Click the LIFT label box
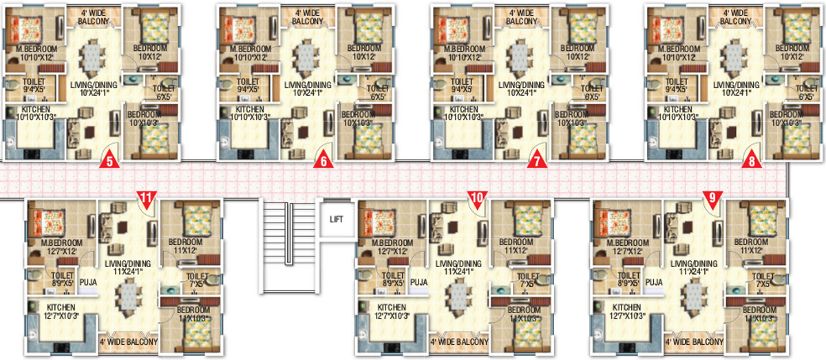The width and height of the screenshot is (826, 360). point(336,220)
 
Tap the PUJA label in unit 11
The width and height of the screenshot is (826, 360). point(87,282)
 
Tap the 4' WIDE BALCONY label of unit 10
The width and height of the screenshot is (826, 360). point(459,341)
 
